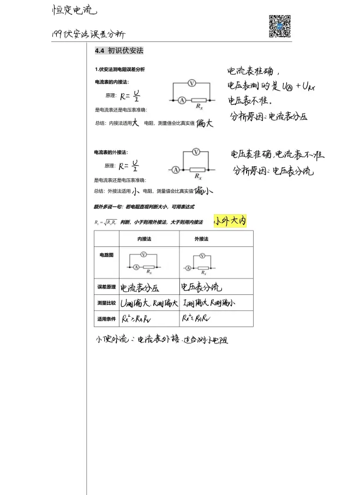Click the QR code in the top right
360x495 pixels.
[x=279, y=26]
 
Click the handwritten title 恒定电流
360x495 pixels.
[x=74, y=11]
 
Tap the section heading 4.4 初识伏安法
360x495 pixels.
[x=119, y=51]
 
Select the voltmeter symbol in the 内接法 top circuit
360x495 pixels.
[x=191, y=82]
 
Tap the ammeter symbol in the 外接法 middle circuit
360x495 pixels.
[x=176, y=170]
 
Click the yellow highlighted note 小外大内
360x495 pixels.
[x=231, y=221]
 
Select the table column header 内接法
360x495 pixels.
[x=144, y=239]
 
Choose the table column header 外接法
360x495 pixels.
[x=202, y=239]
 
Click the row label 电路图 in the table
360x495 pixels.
[x=106, y=255]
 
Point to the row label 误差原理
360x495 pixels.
[x=106, y=287]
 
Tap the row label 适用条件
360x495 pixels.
[x=106, y=318]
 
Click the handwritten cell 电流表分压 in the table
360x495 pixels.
[x=140, y=287]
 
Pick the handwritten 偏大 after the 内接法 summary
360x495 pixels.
[x=205, y=123]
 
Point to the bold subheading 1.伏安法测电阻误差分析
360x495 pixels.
[x=120, y=69]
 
